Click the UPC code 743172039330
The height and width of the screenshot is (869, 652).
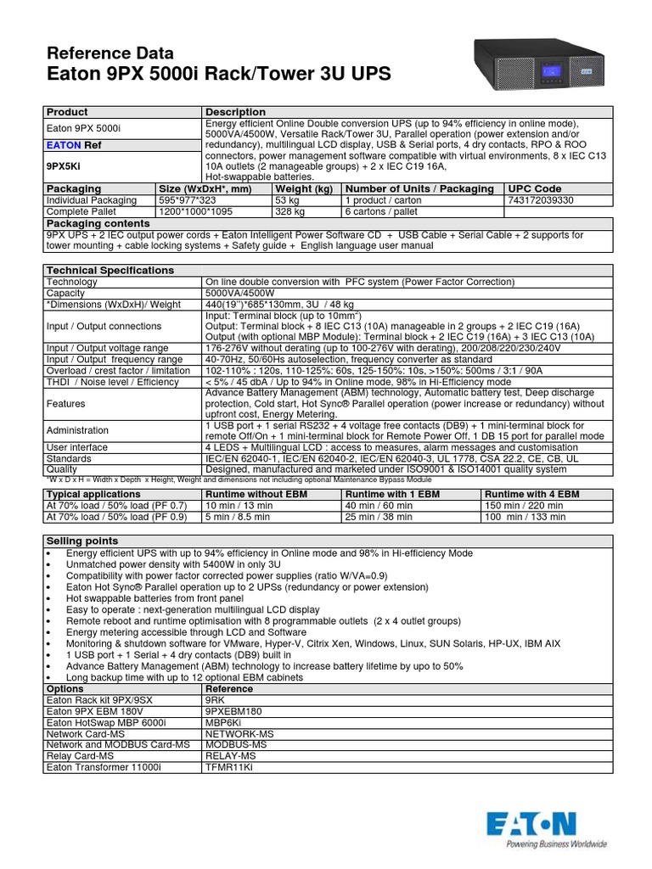tap(541, 199)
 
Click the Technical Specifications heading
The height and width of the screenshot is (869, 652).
tap(110, 270)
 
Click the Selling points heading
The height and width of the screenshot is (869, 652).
tap(82, 541)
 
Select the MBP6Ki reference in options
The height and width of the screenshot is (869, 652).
tap(225, 721)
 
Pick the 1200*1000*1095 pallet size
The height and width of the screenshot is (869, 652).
tap(198, 210)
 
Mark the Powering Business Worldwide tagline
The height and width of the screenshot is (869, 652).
tap(556, 844)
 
